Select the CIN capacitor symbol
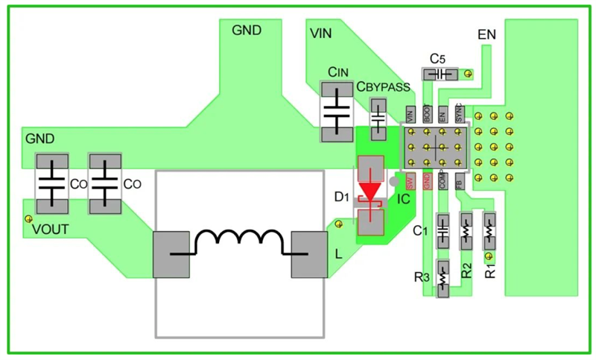[x=337, y=112]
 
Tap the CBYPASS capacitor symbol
[x=378, y=119]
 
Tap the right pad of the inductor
[x=309, y=253]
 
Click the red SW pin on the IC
[x=410, y=182]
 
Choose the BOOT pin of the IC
[x=427, y=115]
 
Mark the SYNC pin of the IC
[x=459, y=114]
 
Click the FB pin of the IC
[x=459, y=182]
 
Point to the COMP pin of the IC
[x=443, y=182]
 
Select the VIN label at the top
[x=321, y=34]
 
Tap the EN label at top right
[x=487, y=34]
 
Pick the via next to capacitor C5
[x=468, y=73]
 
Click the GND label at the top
[x=247, y=31]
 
